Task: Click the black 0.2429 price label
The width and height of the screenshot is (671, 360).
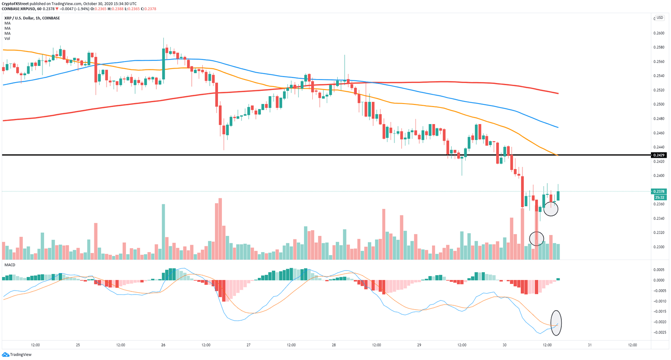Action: (659, 155)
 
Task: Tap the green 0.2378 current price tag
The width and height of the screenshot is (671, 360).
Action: (659, 191)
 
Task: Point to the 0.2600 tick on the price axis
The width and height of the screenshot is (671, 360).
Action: (659, 33)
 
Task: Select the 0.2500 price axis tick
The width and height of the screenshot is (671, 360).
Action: (659, 104)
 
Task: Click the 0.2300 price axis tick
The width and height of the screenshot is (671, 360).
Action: (659, 247)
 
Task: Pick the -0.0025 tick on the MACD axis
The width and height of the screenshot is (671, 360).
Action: (659, 332)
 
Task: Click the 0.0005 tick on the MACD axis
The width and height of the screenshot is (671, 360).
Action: (659, 270)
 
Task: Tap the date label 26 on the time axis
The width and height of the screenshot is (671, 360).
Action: (163, 345)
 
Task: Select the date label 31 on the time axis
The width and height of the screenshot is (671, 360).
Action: (590, 345)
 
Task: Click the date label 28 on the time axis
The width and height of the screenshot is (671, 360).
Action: (334, 345)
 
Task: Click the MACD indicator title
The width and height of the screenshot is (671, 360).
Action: (10, 265)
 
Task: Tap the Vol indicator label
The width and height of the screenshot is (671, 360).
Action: (7, 38)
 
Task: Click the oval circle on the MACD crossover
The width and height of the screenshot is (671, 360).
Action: (556, 323)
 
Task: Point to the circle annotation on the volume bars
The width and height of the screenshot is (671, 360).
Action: (536, 239)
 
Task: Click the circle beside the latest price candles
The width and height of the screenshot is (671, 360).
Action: (551, 209)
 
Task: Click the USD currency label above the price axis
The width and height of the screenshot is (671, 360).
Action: (660, 18)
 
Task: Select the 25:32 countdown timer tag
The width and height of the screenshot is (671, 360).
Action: (659, 197)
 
